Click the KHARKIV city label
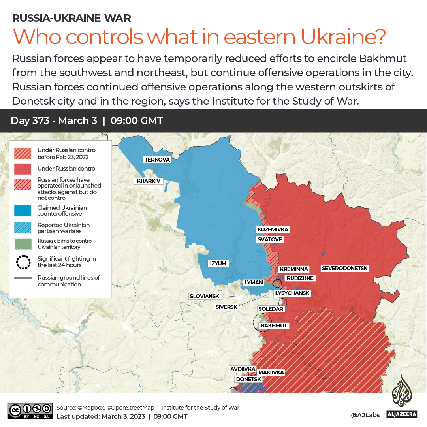[x=149, y=181]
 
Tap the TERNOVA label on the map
[x=157, y=160]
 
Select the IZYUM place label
[x=218, y=263]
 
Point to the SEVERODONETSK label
[x=345, y=268]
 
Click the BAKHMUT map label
[x=274, y=325]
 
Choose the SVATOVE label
[x=270, y=239]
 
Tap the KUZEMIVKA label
[x=273, y=229]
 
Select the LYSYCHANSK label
[x=292, y=293]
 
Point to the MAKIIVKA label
[x=271, y=372]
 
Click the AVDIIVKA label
[x=243, y=369]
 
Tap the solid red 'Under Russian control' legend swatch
[x=23, y=169]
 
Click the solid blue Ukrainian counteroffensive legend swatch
[x=23, y=211]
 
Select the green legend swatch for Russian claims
[x=23, y=244]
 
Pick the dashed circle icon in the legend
[x=23, y=262]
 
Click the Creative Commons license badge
[x=30, y=411]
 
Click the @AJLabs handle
[x=365, y=415]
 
